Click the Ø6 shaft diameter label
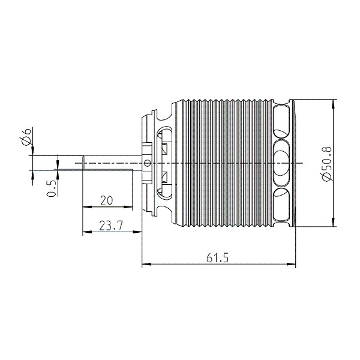26,137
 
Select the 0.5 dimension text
52,188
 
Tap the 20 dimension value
107,200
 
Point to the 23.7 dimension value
111,226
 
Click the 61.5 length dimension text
217,258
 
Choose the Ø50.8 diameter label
326,163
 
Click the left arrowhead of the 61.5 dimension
146,264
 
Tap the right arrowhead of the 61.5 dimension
291,264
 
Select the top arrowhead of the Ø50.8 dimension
334,104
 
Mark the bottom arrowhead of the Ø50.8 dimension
334,222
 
